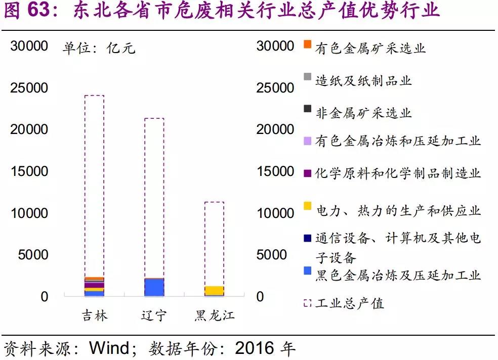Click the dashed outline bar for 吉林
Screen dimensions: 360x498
coord(94,182)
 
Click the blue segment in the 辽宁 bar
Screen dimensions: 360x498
coord(154,287)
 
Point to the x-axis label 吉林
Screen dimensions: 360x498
coord(95,316)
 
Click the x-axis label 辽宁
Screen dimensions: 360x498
coord(154,316)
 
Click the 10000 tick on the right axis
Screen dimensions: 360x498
coord(275,213)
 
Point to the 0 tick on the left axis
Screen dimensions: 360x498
coord(44,296)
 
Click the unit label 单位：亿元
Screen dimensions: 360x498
coord(99,49)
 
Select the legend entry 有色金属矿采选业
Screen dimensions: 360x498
coord(370,48)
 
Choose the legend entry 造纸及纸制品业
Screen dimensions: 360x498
coord(363,80)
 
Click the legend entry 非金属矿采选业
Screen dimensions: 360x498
coord(363,113)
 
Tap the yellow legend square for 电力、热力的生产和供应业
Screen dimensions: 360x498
coord(307,206)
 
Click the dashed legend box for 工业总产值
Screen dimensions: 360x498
coord(307,303)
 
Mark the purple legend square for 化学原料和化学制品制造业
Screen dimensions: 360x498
coord(307,173)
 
